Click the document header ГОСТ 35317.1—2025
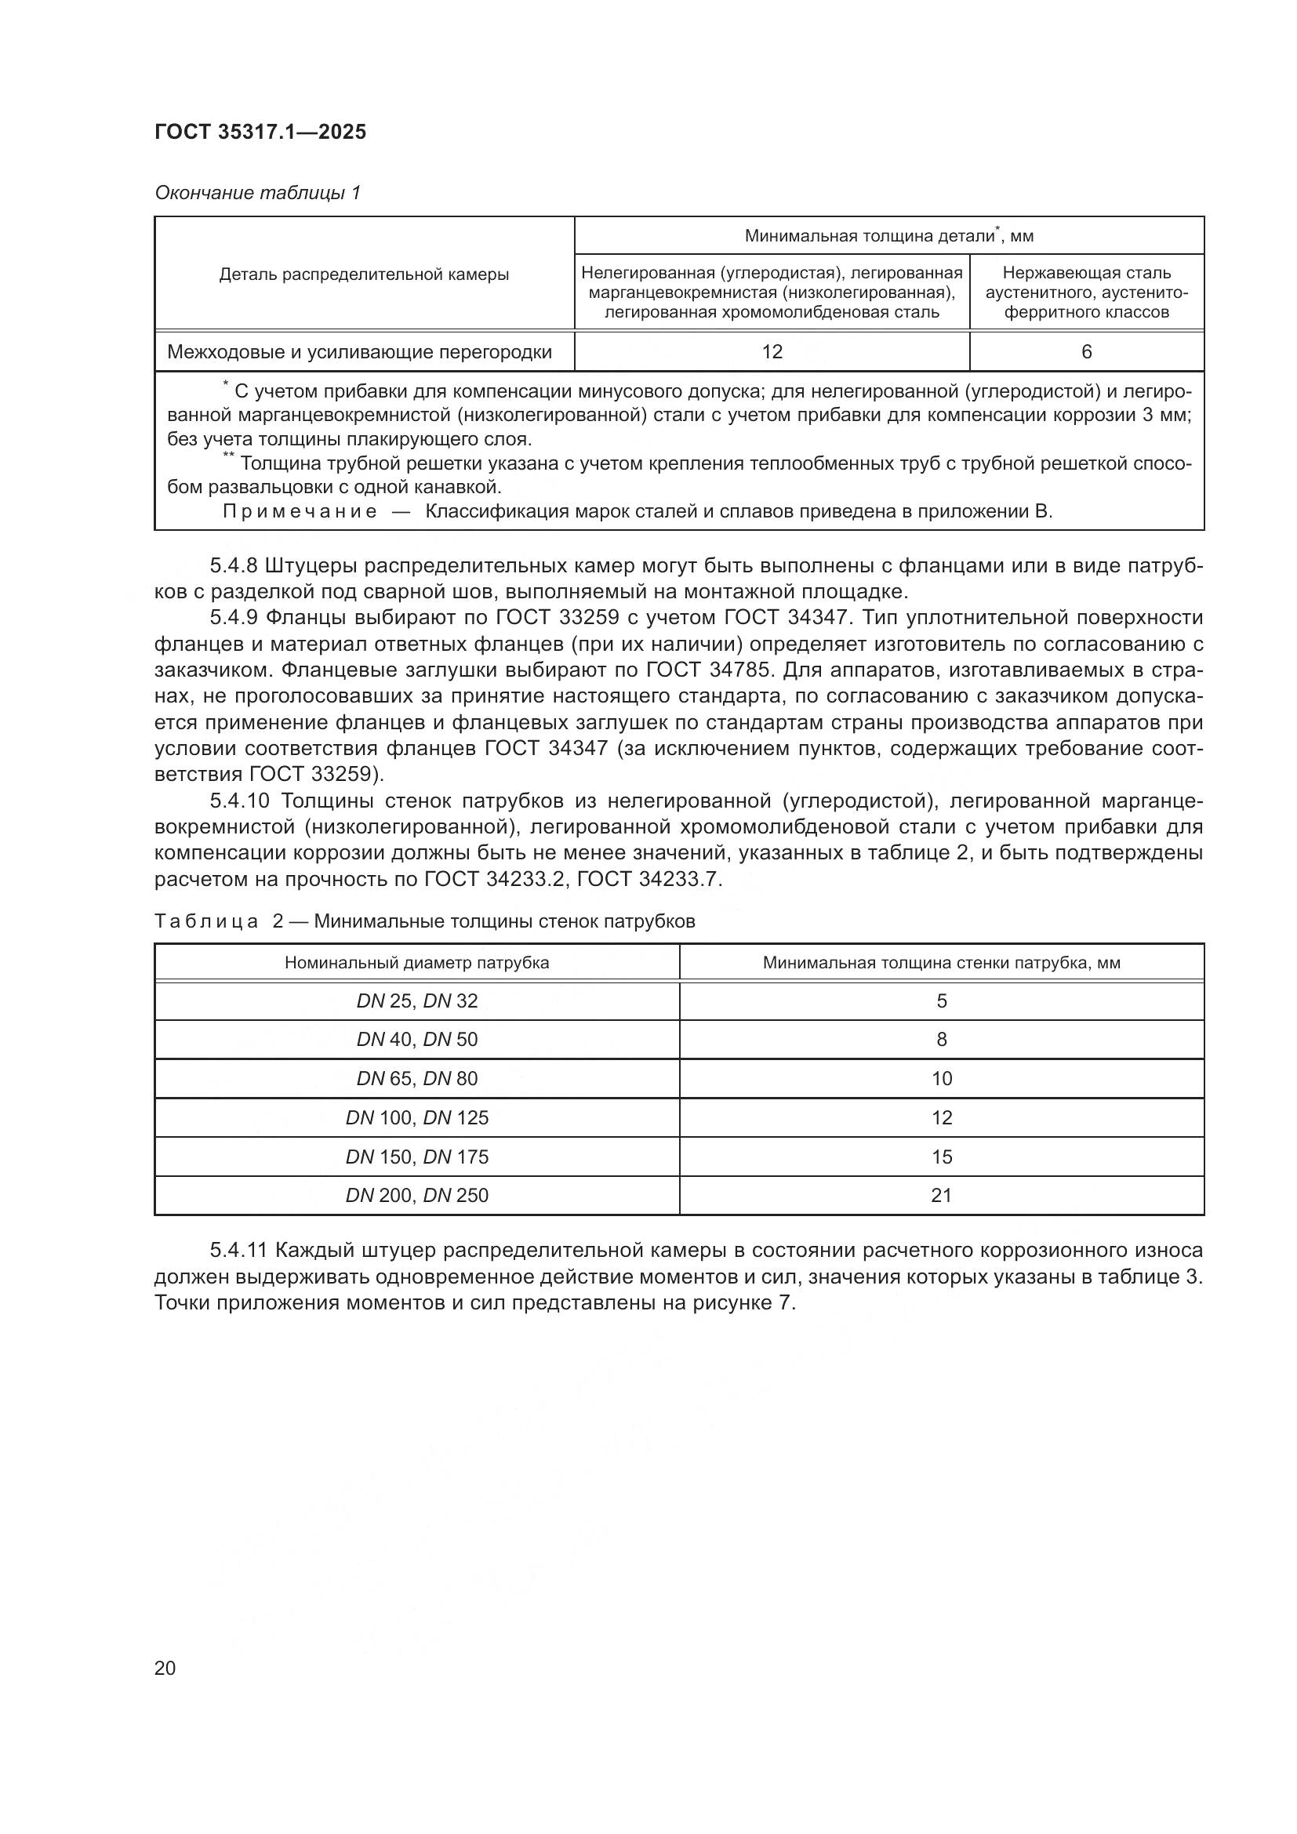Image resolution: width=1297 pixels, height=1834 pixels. click(x=260, y=132)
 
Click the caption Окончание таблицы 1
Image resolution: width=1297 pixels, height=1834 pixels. click(x=257, y=193)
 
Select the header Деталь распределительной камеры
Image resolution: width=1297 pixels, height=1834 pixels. click(x=364, y=274)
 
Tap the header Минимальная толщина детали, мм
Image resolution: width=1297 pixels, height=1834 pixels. click(x=888, y=236)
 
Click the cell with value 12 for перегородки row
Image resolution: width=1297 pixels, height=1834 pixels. click(x=772, y=352)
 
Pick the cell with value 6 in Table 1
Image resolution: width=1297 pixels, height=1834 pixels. click(x=1086, y=352)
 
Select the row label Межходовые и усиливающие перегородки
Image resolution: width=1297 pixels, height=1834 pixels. click(x=359, y=352)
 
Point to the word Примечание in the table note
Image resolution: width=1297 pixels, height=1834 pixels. click(x=300, y=511)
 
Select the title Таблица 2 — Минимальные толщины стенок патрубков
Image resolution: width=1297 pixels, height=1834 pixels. click(x=424, y=921)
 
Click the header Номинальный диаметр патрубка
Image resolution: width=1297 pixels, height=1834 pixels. click(x=417, y=963)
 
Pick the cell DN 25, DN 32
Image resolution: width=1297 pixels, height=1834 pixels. click(x=417, y=1001)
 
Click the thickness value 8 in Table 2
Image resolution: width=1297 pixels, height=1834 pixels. click(x=942, y=1039)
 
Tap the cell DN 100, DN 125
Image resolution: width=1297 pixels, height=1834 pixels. click(x=417, y=1117)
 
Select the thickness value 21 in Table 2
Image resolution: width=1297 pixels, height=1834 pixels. click(x=942, y=1195)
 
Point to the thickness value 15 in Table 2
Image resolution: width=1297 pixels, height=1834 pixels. click(x=942, y=1157)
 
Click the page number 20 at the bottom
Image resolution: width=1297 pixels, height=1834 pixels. click(x=165, y=1668)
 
